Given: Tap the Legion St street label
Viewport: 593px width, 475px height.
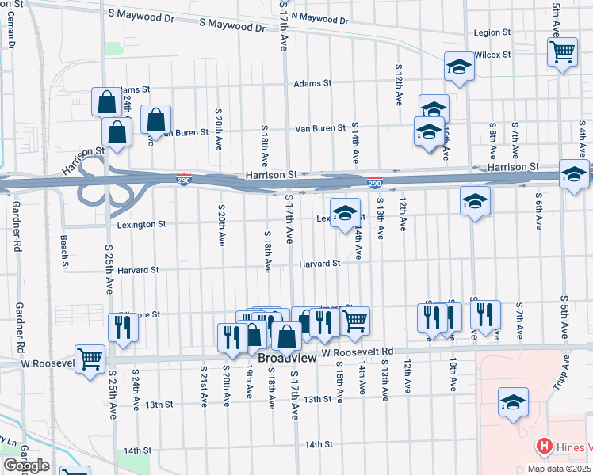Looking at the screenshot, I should pyautogui.click(x=492, y=32).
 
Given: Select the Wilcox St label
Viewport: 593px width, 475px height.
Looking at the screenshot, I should pyautogui.click(x=492, y=55).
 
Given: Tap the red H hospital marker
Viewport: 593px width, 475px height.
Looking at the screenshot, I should pyautogui.click(x=544, y=447).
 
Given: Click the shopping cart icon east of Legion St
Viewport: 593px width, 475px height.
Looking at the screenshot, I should pyautogui.click(x=562, y=52).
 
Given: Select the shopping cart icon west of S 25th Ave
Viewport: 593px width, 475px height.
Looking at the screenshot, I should pyautogui.click(x=90, y=358).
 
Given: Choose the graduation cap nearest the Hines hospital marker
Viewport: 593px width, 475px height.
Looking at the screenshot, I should pyautogui.click(x=513, y=402).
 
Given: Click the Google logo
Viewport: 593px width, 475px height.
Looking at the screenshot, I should pyautogui.click(x=26, y=466).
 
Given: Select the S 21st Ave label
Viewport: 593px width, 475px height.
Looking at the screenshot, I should pyautogui.click(x=205, y=386).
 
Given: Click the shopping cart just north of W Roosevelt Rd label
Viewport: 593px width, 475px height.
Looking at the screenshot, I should pyautogui.click(x=355, y=320).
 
